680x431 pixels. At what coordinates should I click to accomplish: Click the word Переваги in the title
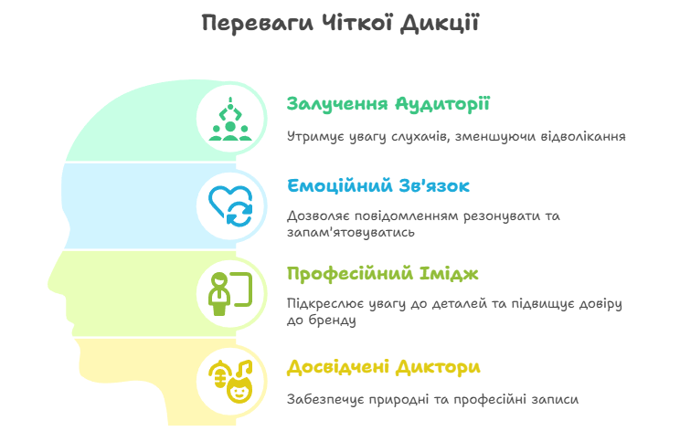coord(257,24)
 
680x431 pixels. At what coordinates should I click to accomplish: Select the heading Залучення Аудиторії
coord(388,104)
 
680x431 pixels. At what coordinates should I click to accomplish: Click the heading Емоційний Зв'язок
coord(378,186)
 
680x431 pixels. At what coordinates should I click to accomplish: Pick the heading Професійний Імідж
coord(382,274)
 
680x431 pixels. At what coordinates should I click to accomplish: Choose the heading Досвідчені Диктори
coord(384,367)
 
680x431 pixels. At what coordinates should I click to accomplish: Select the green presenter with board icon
coord(230,294)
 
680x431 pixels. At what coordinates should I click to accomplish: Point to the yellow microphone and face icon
coord(230,382)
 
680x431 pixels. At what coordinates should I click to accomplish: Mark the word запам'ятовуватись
coord(351,233)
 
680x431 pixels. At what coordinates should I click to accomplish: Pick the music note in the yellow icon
coord(244,369)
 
